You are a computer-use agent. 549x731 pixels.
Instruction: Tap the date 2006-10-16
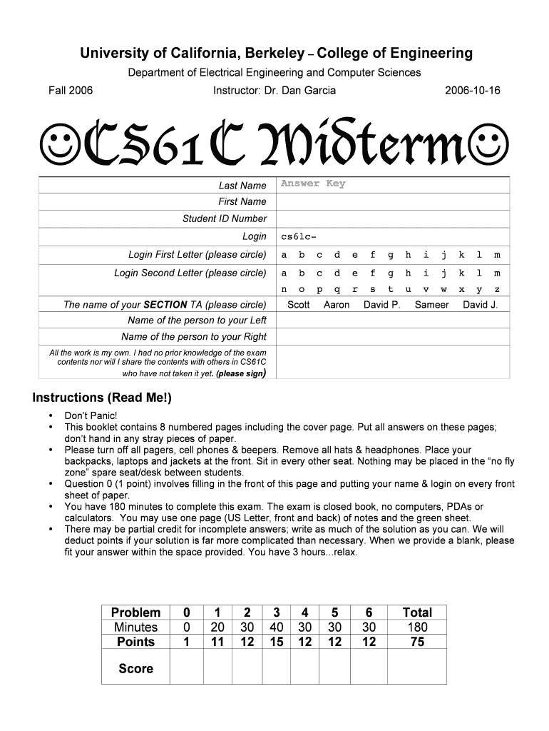(x=472, y=91)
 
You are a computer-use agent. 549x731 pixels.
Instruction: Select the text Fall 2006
(x=71, y=91)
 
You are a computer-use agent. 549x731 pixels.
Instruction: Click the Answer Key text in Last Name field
(x=312, y=183)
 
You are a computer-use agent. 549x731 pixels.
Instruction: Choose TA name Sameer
(x=431, y=305)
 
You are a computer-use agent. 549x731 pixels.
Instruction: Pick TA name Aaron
(x=337, y=305)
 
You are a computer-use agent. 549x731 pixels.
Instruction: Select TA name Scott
(x=298, y=305)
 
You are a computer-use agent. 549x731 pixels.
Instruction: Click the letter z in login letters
(x=497, y=290)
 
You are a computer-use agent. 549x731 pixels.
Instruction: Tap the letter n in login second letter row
(x=284, y=290)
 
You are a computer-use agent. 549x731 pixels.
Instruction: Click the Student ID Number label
(x=224, y=218)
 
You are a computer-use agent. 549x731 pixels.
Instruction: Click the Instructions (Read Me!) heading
(x=102, y=398)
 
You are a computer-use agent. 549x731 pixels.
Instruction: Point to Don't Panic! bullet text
(x=91, y=415)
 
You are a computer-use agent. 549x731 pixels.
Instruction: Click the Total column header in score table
(x=417, y=612)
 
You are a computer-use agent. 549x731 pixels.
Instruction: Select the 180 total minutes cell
(x=417, y=627)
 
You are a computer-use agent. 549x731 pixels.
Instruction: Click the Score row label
(x=135, y=668)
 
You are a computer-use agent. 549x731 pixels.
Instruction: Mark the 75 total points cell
(x=417, y=642)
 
